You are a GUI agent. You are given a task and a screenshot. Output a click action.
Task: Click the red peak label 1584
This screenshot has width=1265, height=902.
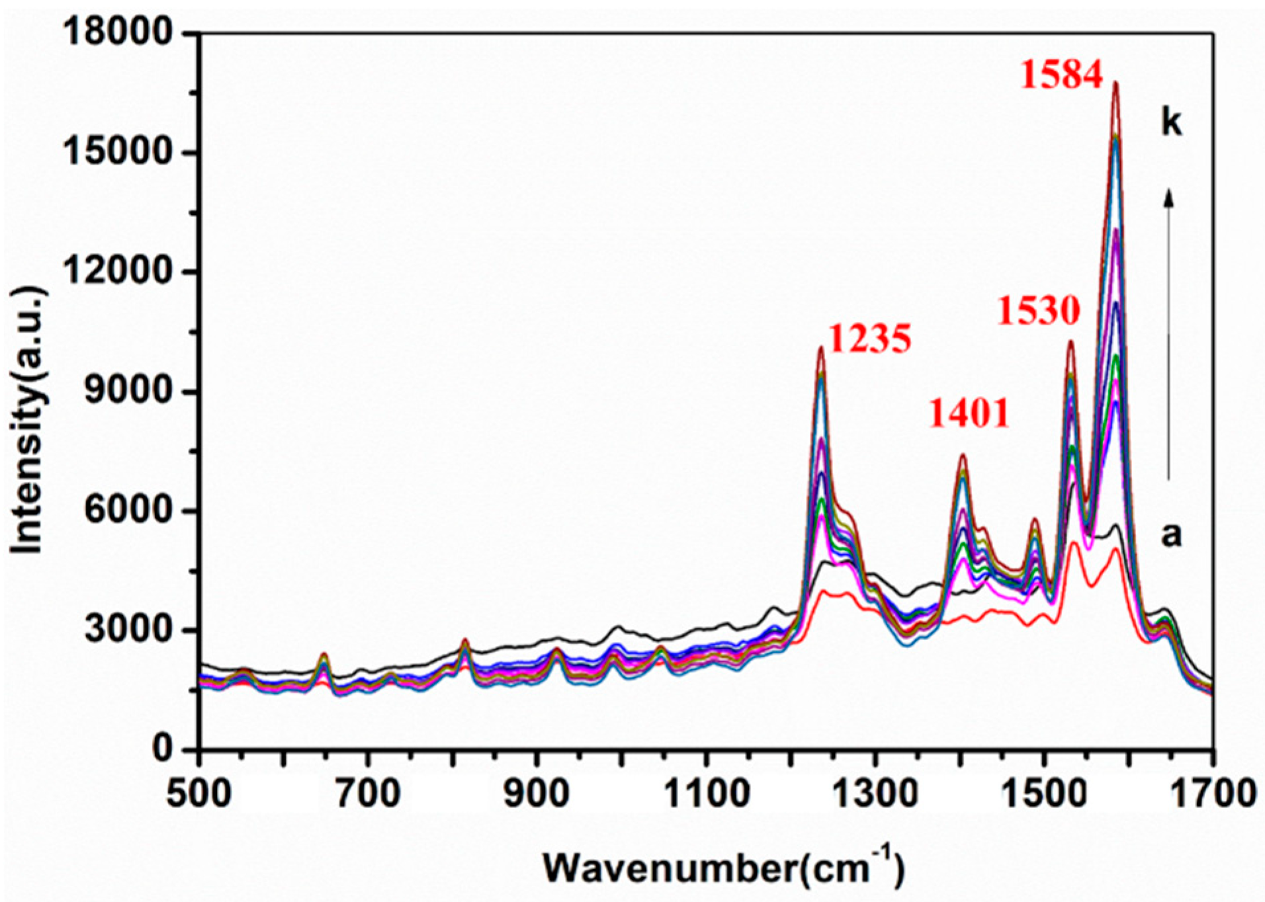(x=1061, y=75)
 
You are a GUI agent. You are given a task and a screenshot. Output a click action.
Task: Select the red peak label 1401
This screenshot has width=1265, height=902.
(x=969, y=415)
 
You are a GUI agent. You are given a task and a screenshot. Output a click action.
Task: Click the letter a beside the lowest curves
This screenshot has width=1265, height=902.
(x=1171, y=536)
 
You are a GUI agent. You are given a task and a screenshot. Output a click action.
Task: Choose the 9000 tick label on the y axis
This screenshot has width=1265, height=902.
(x=130, y=391)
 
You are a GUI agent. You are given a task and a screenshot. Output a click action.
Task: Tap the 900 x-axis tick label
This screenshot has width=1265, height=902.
(x=537, y=794)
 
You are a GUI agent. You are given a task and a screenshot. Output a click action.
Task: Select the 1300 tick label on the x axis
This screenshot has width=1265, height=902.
(x=875, y=794)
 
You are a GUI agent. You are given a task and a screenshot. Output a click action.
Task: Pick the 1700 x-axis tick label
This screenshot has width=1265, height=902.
(x=1212, y=794)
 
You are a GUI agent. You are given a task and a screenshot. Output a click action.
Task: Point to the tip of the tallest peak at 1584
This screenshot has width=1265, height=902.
(x=1115, y=83)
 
